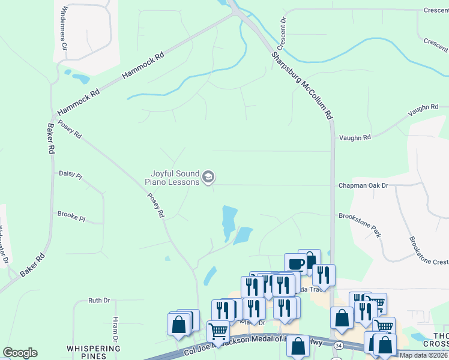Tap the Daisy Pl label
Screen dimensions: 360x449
pos(70,174)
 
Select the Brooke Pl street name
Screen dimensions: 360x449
pos(71,214)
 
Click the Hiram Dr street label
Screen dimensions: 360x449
pos(115,326)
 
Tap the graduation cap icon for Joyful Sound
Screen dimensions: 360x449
pos(208,176)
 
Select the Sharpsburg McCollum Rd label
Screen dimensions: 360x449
pos(301,84)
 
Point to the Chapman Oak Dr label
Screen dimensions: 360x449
pos(363,186)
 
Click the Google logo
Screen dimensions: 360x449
pos(20,353)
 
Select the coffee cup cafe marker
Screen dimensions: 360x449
pos(295,263)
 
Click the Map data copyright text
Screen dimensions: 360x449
pos(424,355)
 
